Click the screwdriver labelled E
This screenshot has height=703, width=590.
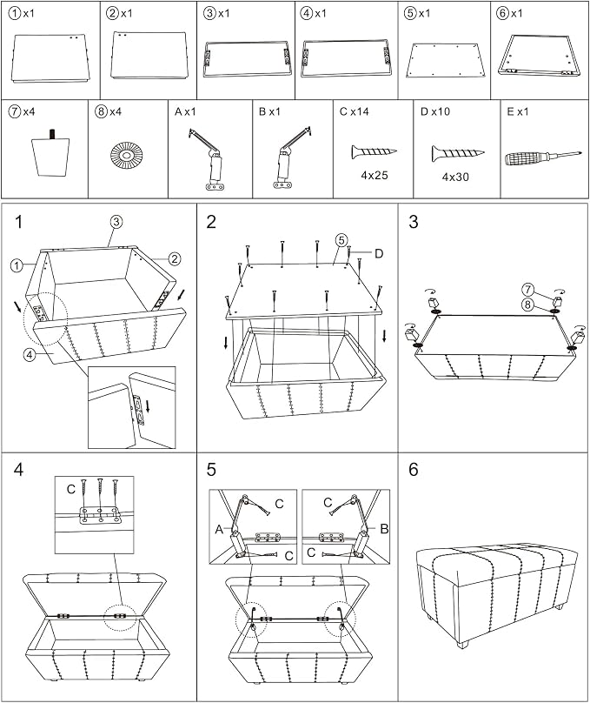543,157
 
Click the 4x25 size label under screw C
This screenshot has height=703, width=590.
375,175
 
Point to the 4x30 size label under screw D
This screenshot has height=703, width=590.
455,177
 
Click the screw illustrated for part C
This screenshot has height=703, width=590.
374,152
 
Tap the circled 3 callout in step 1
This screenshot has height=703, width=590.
116,222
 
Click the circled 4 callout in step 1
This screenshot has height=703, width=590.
29,355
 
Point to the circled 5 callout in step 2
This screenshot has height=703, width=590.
341,240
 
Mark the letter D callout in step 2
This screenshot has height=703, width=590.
379,254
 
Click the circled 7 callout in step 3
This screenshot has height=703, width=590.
528,290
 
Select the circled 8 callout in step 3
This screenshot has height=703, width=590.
528,305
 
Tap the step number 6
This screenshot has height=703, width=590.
413,470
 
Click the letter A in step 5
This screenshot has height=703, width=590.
219,530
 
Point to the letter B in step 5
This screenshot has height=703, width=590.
384,529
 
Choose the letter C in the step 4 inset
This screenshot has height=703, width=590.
70,489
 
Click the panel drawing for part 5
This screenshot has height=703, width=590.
445,60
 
